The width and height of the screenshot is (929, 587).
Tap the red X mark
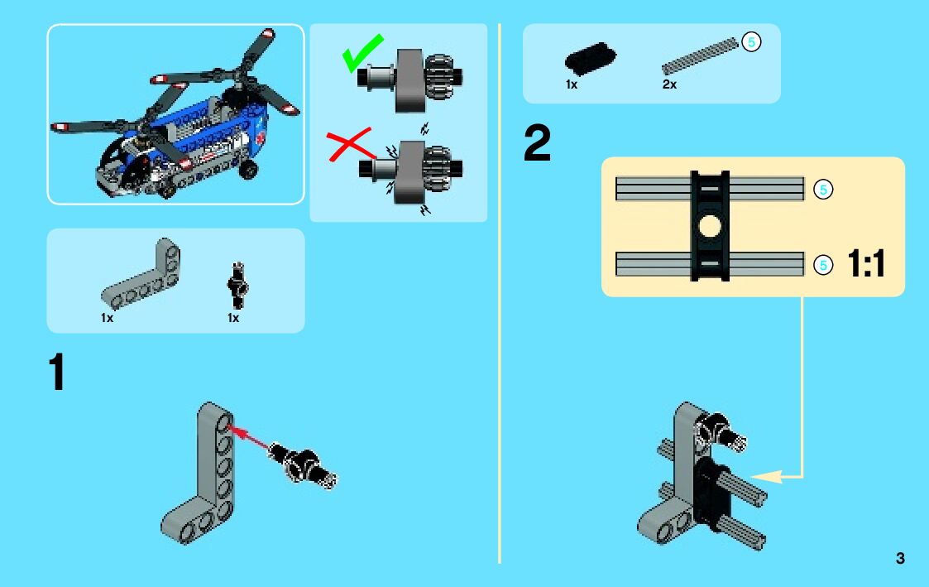[x=350, y=144]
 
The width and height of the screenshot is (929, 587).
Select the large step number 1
[x=57, y=372]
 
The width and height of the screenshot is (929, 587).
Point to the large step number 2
[x=537, y=143]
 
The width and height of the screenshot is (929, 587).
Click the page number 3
[x=900, y=558]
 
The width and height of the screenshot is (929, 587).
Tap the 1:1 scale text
[x=866, y=263]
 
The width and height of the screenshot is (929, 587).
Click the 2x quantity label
[x=669, y=84]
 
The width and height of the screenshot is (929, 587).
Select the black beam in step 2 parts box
[x=590, y=58]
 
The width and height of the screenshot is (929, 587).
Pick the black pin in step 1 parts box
[x=237, y=285]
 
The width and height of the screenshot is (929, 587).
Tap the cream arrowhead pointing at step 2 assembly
[x=766, y=476]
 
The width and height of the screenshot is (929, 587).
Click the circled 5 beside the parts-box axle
[x=751, y=42]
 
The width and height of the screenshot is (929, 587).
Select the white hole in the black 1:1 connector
[x=709, y=226]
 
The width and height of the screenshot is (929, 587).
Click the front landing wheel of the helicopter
[x=249, y=170]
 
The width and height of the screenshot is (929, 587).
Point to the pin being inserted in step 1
[x=302, y=464]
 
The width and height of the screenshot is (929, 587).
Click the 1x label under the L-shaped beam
[x=108, y=318]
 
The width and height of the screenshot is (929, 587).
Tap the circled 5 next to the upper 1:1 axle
[x=823, y=190]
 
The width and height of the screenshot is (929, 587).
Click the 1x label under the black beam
[x=572, y=84]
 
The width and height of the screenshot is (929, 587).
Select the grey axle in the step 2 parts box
[x=700, y=55]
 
